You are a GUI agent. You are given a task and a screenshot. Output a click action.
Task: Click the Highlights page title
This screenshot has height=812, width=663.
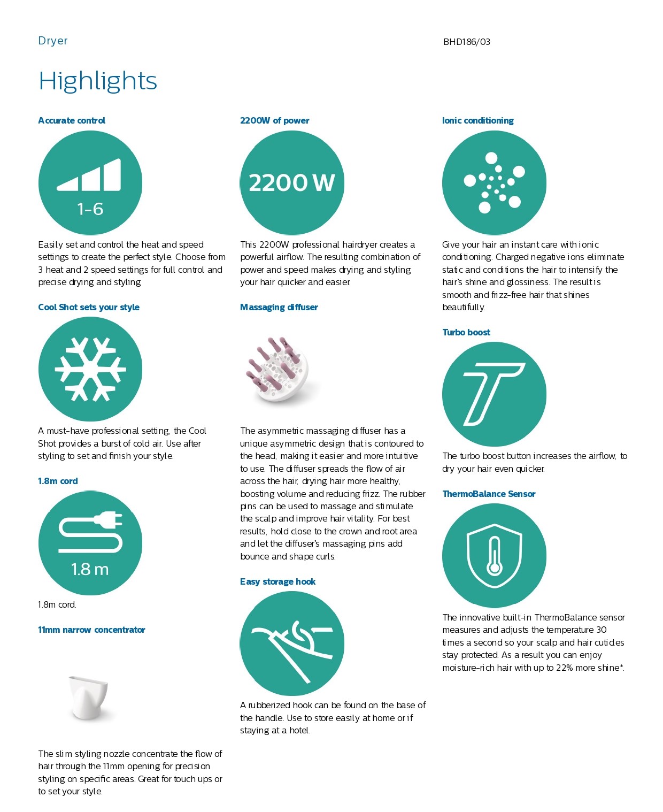(x=98, y=81)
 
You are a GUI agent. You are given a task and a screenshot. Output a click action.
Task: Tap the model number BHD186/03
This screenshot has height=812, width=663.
(x=466, y=42)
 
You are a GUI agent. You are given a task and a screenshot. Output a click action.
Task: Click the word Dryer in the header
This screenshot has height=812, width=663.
(x=53, y=41)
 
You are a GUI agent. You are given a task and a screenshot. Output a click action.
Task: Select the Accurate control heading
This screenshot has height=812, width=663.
(x=72, y=120)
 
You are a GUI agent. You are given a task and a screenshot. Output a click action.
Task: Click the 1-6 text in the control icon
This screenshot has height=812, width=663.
(x=90, y=209)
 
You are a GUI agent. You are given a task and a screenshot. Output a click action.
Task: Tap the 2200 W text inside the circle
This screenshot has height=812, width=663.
(x=291, y=183)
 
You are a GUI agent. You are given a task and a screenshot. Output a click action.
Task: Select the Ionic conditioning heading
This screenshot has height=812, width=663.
(x=477, y=120)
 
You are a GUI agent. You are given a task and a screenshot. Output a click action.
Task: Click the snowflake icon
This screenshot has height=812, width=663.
(x=90, y=369)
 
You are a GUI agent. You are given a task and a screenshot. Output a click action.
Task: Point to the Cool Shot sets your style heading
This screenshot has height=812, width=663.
(x=89, y=307)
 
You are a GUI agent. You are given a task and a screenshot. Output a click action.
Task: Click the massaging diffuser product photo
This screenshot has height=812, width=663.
(x=277, y=369)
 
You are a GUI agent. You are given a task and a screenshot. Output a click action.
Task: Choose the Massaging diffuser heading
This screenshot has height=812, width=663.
(x=279, y=307)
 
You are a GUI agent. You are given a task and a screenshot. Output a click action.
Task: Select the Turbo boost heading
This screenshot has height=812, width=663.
(x=466, y=332)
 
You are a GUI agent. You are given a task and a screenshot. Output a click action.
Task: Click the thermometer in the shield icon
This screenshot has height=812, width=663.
(x=495, y=556)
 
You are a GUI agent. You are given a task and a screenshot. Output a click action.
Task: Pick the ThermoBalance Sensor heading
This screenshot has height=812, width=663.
(x=489, y=494)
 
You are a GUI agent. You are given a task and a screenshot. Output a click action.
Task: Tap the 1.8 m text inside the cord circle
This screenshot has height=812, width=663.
(x=90, y=569)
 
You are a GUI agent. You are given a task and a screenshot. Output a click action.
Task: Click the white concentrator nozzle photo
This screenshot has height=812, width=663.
(x=89, y=697)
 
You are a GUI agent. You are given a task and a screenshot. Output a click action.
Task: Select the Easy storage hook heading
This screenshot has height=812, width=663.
(x=277, y=581)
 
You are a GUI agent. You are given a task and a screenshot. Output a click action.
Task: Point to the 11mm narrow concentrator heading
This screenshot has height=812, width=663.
(x=91, y=630)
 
